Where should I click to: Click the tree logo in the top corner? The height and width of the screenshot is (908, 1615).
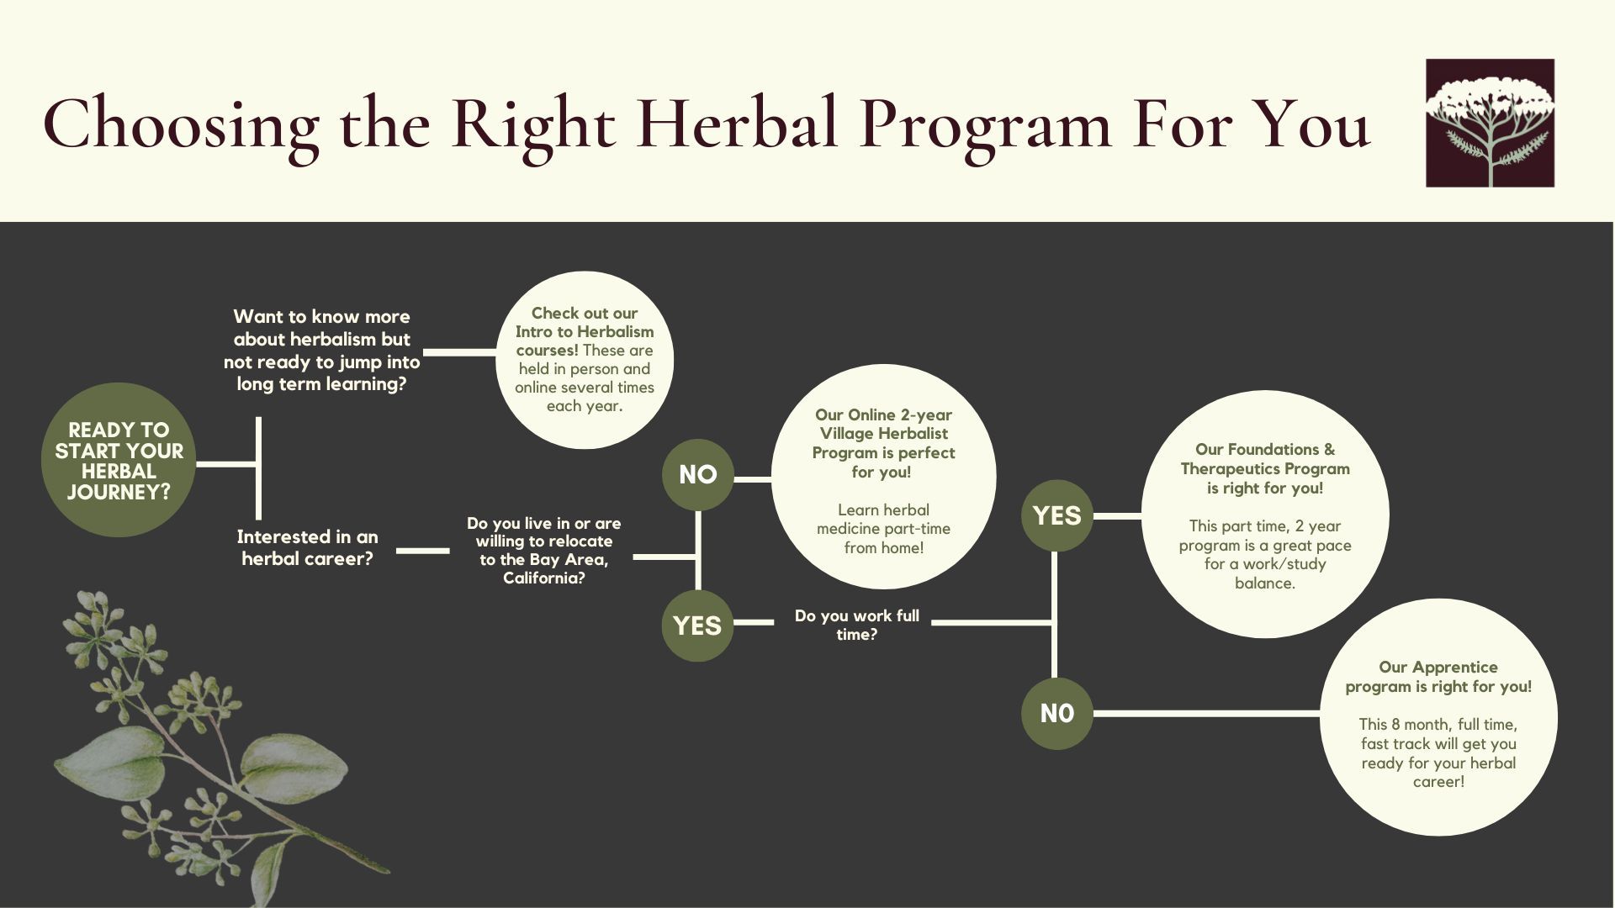click(1490, 123)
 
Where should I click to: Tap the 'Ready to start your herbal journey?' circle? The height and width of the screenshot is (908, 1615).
click(119, 460)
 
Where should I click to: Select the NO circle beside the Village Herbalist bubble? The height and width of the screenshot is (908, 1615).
click(697, 474)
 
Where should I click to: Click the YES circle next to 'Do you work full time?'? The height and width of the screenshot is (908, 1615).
click(697, 626)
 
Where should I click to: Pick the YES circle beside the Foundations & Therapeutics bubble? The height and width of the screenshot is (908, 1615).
click(1056, 515)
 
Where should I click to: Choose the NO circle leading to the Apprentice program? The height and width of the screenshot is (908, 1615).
click(1056, 713)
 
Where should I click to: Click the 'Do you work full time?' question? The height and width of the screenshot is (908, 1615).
click(856, 625)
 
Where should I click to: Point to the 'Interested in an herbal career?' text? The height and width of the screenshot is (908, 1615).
click(307, 547)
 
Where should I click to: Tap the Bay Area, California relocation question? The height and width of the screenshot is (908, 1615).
click(544, 551)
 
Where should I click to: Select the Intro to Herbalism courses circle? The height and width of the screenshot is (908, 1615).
click(585, 360)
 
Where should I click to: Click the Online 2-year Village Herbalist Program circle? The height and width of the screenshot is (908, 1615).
click(883, 477)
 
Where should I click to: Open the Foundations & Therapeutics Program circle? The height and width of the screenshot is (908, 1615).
click(1265, 515)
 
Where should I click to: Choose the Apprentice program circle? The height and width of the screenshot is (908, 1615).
click(1438, 717)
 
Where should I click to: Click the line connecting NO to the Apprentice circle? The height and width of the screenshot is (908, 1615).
click(1206, 713)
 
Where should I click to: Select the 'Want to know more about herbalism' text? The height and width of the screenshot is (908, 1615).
click(321, 350)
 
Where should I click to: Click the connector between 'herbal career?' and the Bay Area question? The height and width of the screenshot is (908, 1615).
click(423, 551)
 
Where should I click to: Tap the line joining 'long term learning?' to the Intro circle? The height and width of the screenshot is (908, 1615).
click(460, 352)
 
